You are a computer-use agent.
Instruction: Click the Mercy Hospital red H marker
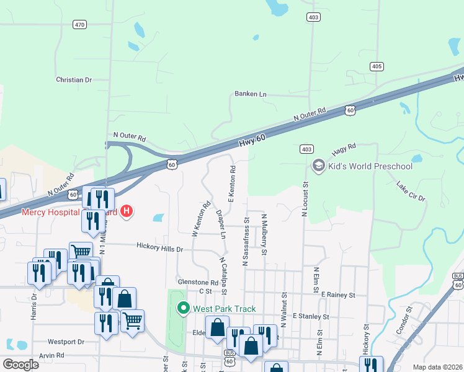pos(127,212)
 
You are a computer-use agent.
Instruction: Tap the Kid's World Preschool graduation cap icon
pos(318,166)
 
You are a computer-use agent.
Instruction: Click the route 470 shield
pos(79,25)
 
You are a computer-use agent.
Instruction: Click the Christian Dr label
pos(74,80)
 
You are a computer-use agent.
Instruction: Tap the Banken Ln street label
pos(250,94)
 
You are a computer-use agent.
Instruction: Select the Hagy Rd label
pos(343,150)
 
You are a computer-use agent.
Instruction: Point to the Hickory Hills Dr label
pos(160,249)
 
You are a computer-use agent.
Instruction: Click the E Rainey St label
pos(338,295)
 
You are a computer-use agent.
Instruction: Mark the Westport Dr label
pos(66,342)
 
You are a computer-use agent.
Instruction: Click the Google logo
pos(20,364)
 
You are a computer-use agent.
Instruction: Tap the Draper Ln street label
pos(221,223)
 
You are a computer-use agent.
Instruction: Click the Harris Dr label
pos(35,306)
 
